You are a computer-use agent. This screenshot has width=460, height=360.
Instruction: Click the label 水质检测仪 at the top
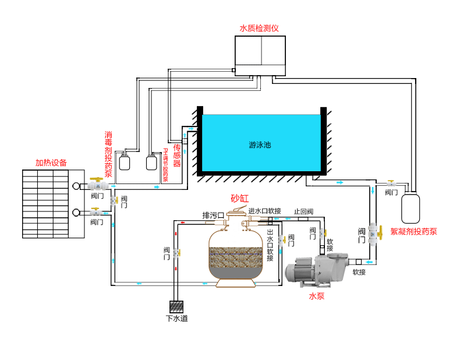[x=260, y=28]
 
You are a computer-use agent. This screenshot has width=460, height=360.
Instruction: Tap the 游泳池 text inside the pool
[x=260, y=144]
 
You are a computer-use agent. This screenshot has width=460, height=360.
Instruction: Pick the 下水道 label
[x=176, y=319]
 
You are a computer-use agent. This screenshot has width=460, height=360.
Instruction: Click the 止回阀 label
[x=303, y=211]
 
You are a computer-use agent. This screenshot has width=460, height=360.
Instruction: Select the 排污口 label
[x=213, y=215]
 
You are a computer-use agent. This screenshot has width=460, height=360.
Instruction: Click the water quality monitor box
[x=260, y=55]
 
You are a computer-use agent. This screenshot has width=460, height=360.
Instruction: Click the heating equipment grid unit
[x=53, y=203]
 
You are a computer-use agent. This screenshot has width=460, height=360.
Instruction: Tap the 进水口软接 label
[x=265, y=211]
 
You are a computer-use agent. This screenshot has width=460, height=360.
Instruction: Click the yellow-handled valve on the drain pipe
[x=176, y=253]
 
